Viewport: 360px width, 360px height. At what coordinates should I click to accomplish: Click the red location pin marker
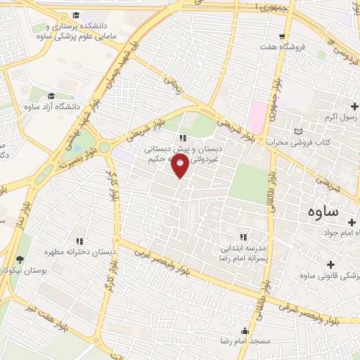pyautogui.click(x=180, y=166)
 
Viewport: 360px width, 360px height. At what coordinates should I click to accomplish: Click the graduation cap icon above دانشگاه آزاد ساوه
pyautogui.click(x=51, y=96)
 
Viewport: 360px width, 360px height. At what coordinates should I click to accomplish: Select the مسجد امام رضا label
pyautogui.click(x=245, y=340)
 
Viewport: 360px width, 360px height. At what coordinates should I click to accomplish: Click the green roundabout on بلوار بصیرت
pyautogui.click(x=105, y=147)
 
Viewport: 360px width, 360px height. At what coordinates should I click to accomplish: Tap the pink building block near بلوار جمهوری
pyautogui.click(x=257, y=116)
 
